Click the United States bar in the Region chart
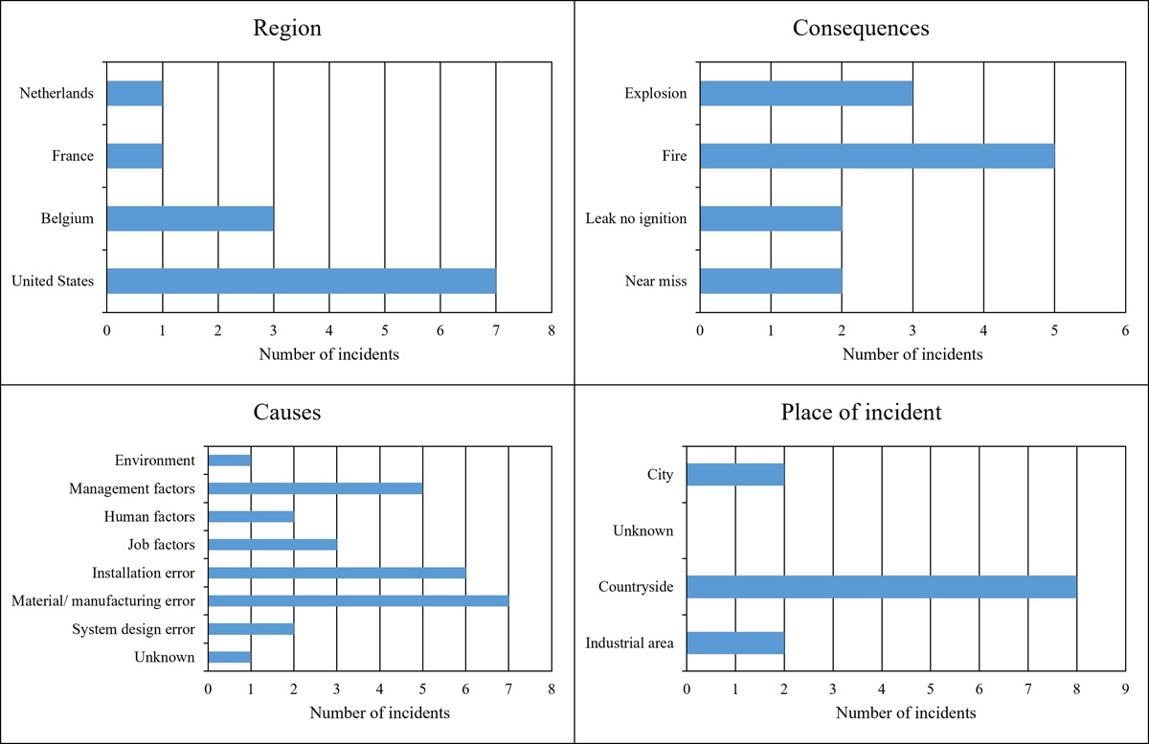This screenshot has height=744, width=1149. [302, 282]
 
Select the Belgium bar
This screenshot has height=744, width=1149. [191, 218]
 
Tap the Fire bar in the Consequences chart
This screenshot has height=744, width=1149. [878, 156]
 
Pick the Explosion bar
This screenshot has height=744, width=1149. [807, 94]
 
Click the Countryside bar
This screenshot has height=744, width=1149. [882, 587]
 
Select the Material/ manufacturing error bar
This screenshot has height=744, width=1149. [358, 600]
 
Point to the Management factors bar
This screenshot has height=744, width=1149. [315, 488]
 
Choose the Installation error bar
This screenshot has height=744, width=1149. [337, 573]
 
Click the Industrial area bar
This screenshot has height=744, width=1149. [735, 643]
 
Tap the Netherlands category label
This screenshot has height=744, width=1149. [56, 94]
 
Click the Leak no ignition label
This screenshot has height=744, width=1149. [636, 218]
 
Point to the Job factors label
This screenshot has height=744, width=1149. [161, 545]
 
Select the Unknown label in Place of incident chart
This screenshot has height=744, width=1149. [643, 530]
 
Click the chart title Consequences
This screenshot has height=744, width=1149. [861, 28]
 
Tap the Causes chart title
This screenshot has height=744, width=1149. [287, 412]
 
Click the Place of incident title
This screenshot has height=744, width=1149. [861, 413]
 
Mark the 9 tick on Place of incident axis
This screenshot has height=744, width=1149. [1125, 689]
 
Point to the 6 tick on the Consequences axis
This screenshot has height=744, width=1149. [1125, 330]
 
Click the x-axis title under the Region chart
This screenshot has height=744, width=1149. [328, 354]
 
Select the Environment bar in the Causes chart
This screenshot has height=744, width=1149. [230, 461]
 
